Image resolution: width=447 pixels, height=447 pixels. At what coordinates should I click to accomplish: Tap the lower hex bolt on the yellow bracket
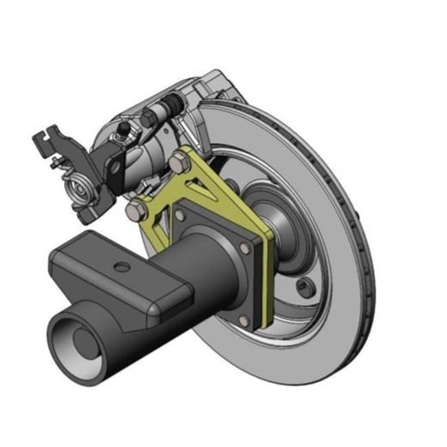coord(136,210)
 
